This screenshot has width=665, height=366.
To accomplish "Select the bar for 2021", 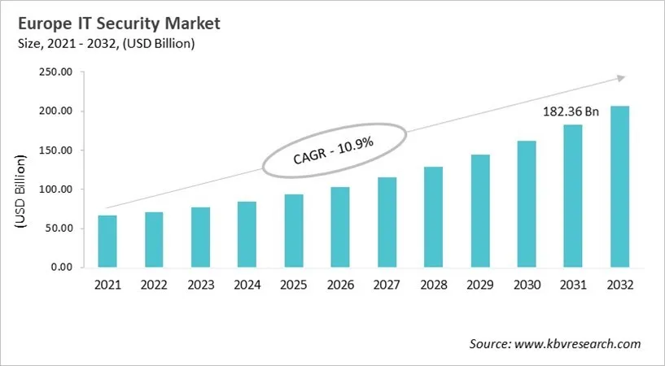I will [x=107, y=242].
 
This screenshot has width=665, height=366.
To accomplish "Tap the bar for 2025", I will [x=294, y=231].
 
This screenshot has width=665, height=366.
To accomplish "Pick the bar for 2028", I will [x=434, y=217].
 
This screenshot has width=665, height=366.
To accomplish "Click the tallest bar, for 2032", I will [x=620, y=186].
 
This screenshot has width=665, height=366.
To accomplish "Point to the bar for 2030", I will [x=527, y=204].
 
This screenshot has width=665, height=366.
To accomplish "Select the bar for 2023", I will [x=201, y=237].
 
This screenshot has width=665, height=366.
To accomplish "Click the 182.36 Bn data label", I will [x=571, y=111].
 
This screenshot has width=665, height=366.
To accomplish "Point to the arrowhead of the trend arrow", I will [x=620, y=78].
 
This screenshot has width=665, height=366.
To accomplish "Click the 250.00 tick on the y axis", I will [x=56, y=72].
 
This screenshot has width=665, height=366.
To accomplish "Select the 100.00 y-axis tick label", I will [x=56, y=190].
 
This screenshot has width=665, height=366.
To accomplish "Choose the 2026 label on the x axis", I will [x=340, y=285].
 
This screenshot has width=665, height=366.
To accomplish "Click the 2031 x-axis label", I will [x=574, y=285].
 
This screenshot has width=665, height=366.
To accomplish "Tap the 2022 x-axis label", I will [x=154, y=285].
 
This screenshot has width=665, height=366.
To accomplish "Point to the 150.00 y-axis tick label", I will [x=56, y=150].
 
